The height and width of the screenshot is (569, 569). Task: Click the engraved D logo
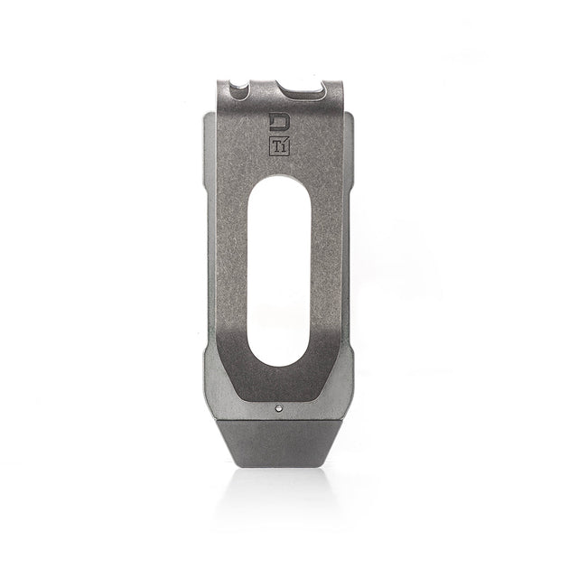282,121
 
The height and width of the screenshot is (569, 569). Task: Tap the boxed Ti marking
282,145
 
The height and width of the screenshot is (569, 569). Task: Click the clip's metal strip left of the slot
232,262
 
